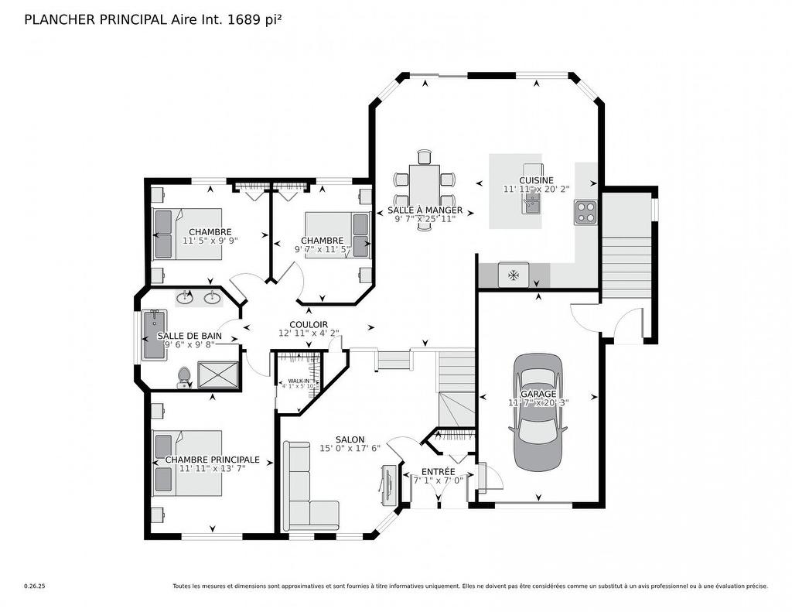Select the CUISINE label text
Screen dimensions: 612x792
(x=536, y=180)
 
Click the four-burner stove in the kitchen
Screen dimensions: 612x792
(x=585, y=212)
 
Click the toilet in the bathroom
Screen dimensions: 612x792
(x=184, y=377)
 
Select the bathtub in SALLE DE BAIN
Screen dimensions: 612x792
(x=154, y=334)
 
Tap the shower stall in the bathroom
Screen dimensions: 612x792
(x=219, y=374)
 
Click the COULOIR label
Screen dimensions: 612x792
(x=309, y=324)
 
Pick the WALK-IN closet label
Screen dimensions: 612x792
(x=299, y=381)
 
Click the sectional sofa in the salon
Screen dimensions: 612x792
(x=306, y=491)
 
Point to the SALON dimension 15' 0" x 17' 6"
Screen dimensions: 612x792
(x=350, y=448)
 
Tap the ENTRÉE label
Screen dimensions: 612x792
(x=438, y=471)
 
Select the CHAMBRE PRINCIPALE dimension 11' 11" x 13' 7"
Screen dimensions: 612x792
(x=212, y=468)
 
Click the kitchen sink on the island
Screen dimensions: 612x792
(x=531, y=203)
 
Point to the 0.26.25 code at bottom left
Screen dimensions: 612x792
(x=35, y=586)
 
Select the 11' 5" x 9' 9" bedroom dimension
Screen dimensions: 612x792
(x=210, y=241)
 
